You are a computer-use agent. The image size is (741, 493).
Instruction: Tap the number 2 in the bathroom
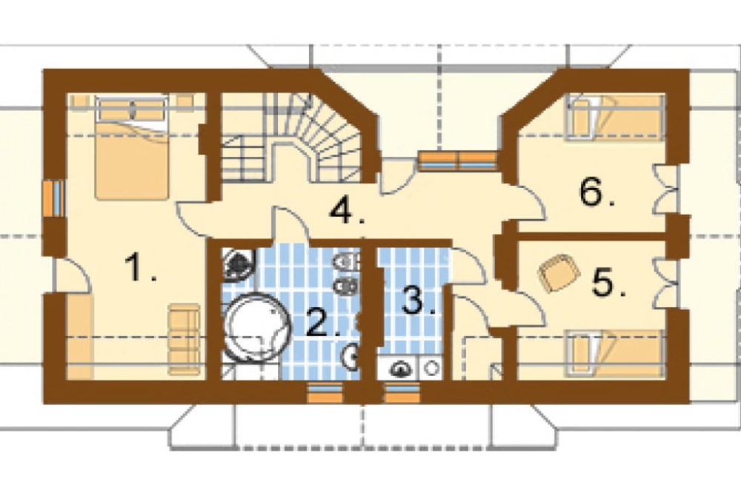click(323, 322)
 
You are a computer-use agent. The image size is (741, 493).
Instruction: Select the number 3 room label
click(419, 301)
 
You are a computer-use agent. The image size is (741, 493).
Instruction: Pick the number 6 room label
click(597, 192)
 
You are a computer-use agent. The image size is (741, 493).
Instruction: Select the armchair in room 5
click(559, 272)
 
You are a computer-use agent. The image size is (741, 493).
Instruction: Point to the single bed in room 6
click(615, 118)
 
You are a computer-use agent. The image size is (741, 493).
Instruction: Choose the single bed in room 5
click(615, 354)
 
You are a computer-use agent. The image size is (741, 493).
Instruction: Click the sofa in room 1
click(184, 340)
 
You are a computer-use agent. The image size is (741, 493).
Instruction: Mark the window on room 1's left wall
click(55, 198)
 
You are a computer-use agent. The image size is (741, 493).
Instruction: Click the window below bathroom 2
click(325, 393)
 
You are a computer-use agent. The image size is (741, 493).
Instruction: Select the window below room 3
click(402, 393)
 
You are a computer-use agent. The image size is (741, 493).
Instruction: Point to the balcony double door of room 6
click(668, 189)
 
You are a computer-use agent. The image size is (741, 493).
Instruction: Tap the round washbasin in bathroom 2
click(351, 357)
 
